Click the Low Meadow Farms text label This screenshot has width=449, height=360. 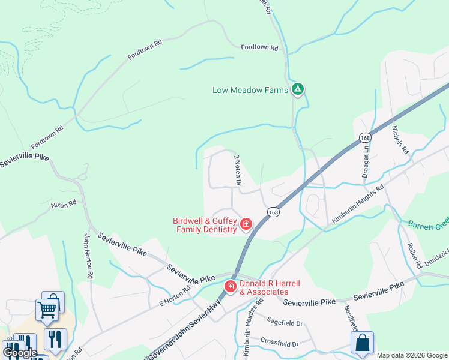click(250, 91)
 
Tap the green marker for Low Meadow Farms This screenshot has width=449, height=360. click(297, 89)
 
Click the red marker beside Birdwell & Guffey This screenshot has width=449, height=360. click(246, 224)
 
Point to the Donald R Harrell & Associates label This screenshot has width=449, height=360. click(264, 287)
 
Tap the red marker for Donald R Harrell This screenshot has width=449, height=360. click(230, 287)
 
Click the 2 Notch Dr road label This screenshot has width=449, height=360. click(237, 170)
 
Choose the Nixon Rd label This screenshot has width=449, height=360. click(64, 204)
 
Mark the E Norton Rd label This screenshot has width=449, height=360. click(175, 296)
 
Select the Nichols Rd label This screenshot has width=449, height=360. click(400, 140)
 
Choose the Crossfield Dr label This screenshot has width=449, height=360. click(279, 343)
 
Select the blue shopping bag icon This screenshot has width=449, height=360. click(362, 344)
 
